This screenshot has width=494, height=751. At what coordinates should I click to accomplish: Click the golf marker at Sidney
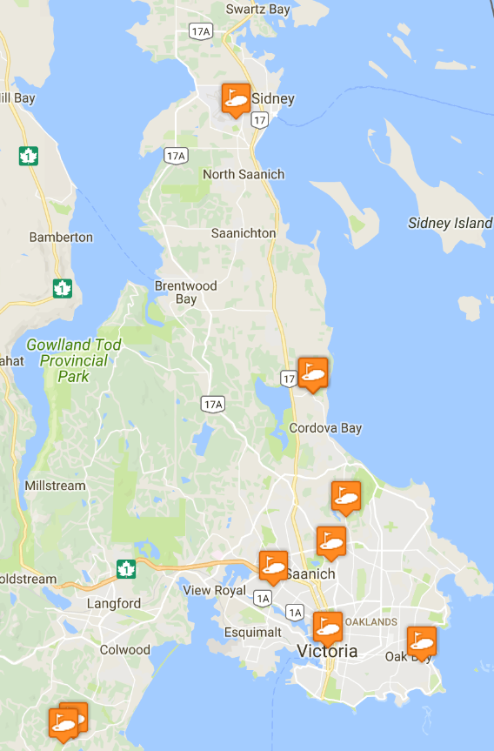tap(236, 99)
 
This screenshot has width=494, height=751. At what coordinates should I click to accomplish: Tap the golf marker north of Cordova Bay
tap(312, 374)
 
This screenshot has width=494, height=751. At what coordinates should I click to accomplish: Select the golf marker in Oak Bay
tap(421, 642)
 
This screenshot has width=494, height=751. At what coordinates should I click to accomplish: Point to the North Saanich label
tap(244, 174)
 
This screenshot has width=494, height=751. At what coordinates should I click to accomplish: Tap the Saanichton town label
tap(244, 233)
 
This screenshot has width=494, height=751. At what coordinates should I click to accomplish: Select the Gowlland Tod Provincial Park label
tap(73, 360)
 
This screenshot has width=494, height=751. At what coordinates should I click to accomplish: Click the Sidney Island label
tap(450, 224)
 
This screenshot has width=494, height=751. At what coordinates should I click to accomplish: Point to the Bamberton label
tap(61, 237)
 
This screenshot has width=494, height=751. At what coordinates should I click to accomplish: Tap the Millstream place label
tap(56, 486)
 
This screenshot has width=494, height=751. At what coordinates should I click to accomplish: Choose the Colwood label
tap(125, 649)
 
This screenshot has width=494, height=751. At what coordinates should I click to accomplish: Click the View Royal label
tap(215, 590)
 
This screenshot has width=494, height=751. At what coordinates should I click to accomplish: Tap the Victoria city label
tap(327, 651)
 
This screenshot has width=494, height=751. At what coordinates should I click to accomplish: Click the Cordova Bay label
tap(326, 428)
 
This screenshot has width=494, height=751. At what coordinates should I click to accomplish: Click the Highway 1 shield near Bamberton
tap(62, 287)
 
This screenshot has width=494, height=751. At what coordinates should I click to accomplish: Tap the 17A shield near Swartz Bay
tap(199, 31)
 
